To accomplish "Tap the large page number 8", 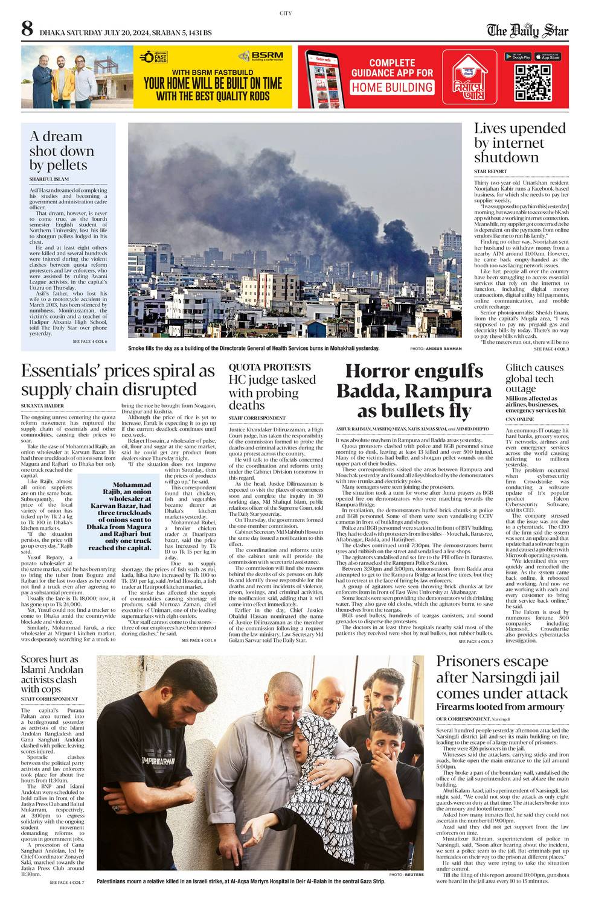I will point(27,29).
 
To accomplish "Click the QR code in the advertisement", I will point(533,82).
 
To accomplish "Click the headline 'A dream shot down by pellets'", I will point(62,151).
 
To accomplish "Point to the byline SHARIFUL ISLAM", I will point(49,179).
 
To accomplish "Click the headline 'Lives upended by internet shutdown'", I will point(519,143).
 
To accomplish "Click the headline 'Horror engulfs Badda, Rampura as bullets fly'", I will point(414,391).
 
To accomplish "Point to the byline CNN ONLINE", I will point(520,419).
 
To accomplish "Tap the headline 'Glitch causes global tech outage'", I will point(534,378).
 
